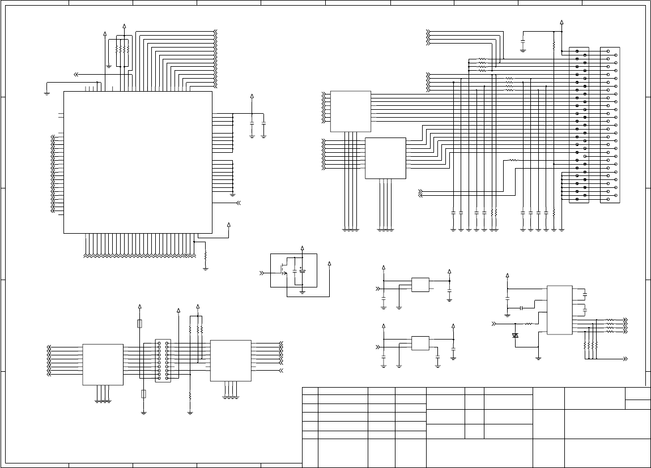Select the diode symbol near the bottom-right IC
515,336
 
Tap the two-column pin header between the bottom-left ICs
163,360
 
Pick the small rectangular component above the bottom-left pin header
141,324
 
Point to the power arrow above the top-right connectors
561,23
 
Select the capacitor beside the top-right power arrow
522,41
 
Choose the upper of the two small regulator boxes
420,285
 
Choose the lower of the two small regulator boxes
420,344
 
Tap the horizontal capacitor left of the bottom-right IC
520,308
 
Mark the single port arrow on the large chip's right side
239,202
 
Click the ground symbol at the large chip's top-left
47,91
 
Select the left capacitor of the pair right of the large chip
252,122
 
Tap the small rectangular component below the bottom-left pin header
143,394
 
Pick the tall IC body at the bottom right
559,310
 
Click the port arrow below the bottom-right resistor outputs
625,359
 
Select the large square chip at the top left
138,162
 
